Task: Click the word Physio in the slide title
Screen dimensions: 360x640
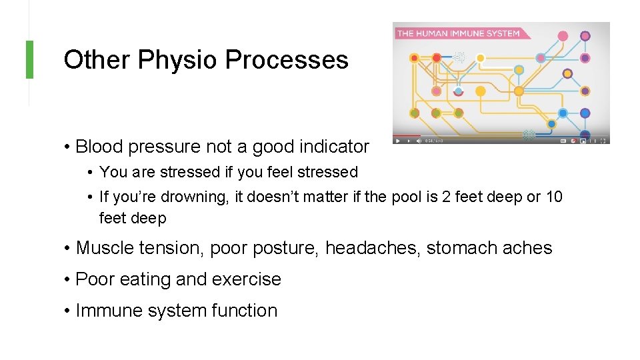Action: point(179,60)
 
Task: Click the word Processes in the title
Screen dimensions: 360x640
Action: point(287,60)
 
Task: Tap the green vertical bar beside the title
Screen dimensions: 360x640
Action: point(29,59)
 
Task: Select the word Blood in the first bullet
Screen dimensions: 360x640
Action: point(97,146)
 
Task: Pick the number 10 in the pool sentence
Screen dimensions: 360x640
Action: point(553,197)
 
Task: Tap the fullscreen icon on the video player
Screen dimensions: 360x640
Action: point(603,141)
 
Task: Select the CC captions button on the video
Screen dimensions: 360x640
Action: point(563,141)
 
